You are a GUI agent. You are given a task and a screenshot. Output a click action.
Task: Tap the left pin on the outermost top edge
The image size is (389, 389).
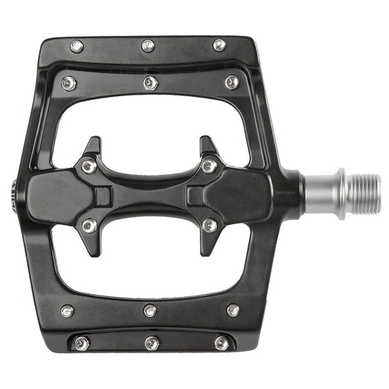[x=77, y=47]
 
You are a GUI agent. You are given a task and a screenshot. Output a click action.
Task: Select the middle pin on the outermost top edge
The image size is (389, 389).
[x=148, y=46]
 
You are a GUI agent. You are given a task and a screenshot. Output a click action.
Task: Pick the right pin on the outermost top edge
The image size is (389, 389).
[x=219, y=45]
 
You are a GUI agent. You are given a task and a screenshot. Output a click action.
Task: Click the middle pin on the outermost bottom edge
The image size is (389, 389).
[x=151, y=342]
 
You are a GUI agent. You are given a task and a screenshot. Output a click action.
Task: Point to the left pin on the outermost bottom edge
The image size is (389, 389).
[x=81, y=343]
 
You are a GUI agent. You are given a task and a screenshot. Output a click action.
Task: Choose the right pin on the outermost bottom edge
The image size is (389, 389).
[x=221, y=342]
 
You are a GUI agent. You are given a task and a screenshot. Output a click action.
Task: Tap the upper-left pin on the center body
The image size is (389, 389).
[x=88, y=166]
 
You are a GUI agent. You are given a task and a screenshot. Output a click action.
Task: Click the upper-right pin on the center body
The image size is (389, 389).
[x=209, y=166]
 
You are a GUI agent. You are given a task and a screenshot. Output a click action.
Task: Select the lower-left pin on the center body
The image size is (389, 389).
[x=89, y=226]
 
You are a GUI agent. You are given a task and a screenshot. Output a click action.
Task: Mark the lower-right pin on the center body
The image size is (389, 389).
[x=209, y=226]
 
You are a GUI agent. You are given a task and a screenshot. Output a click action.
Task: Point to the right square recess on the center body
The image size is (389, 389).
[x=195, y=196]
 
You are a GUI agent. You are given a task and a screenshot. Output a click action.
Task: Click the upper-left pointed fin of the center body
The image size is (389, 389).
[x=93, y=143]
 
